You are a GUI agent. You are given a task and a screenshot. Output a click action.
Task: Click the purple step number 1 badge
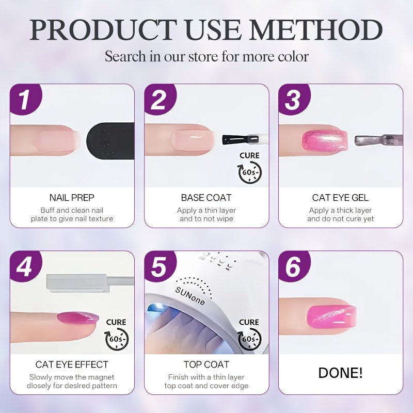point(24,99)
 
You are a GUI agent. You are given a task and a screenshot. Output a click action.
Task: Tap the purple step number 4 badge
point(24,266)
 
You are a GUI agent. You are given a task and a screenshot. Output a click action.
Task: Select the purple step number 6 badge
point(293,266)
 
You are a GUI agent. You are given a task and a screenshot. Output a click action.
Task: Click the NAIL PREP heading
point(72,198)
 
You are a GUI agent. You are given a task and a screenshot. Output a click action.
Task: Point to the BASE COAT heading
point(206,198)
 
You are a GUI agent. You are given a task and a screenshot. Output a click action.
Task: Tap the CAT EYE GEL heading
point(340,198)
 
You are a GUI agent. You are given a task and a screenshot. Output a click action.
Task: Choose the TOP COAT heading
point(206,364)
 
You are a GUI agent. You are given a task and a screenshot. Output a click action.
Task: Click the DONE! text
point(340,373)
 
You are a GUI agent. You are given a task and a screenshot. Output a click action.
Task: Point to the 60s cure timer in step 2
point(250,172)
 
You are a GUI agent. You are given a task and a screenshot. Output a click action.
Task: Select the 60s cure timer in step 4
point(117,339)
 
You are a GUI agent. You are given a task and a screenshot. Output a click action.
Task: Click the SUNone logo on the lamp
point(190,295)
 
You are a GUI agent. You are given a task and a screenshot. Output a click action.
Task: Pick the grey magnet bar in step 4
point(78,283)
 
